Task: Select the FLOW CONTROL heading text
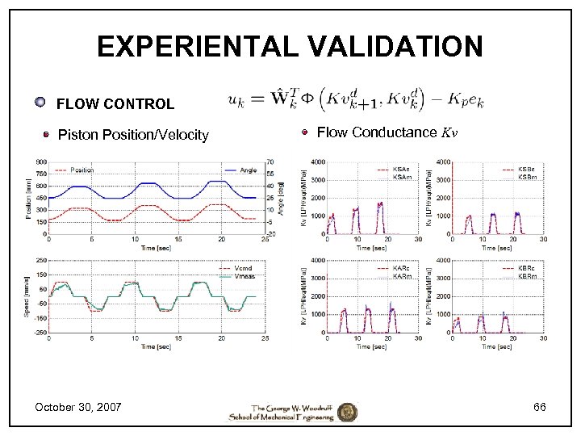click(115, 104)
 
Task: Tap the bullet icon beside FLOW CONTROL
click(40, 103)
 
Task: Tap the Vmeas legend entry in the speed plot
click(245, 275)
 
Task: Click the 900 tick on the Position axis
click(40, 161)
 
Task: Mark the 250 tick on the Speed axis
click(40, 260)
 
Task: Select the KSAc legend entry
click(401, 169)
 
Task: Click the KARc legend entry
click(402, 268)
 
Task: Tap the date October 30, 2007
click(78, 407)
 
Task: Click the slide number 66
click(539, 407)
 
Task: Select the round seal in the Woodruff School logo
click(348, 411)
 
